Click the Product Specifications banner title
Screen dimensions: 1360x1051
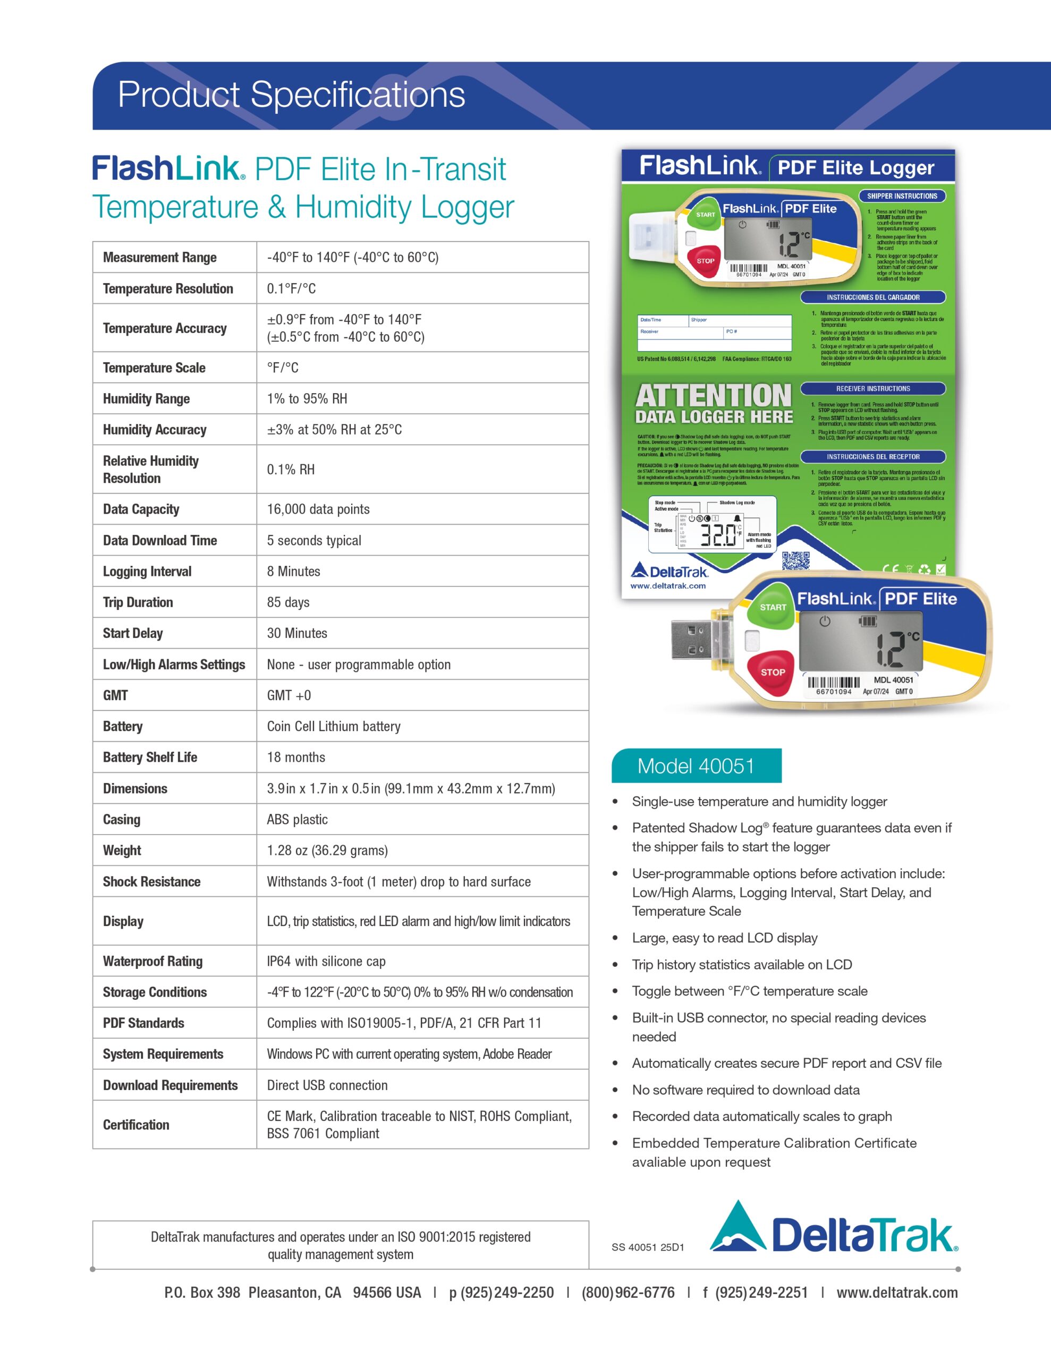[291, 95]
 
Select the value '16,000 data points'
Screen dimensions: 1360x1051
[318, 509]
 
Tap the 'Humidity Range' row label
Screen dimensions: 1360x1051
[147, 398]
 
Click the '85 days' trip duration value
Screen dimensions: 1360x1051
[288, 602]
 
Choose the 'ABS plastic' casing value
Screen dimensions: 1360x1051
[297, 820]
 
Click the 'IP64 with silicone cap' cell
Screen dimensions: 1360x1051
[326, 961]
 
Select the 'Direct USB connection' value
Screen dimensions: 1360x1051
[327, 1085]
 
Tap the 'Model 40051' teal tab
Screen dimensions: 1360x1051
[696, 766]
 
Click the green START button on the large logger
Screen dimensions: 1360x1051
[773, 607]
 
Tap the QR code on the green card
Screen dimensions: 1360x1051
[795, 561]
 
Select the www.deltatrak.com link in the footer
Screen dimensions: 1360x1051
[896, 1293]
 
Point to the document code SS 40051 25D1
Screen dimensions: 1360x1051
[647, 1247]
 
